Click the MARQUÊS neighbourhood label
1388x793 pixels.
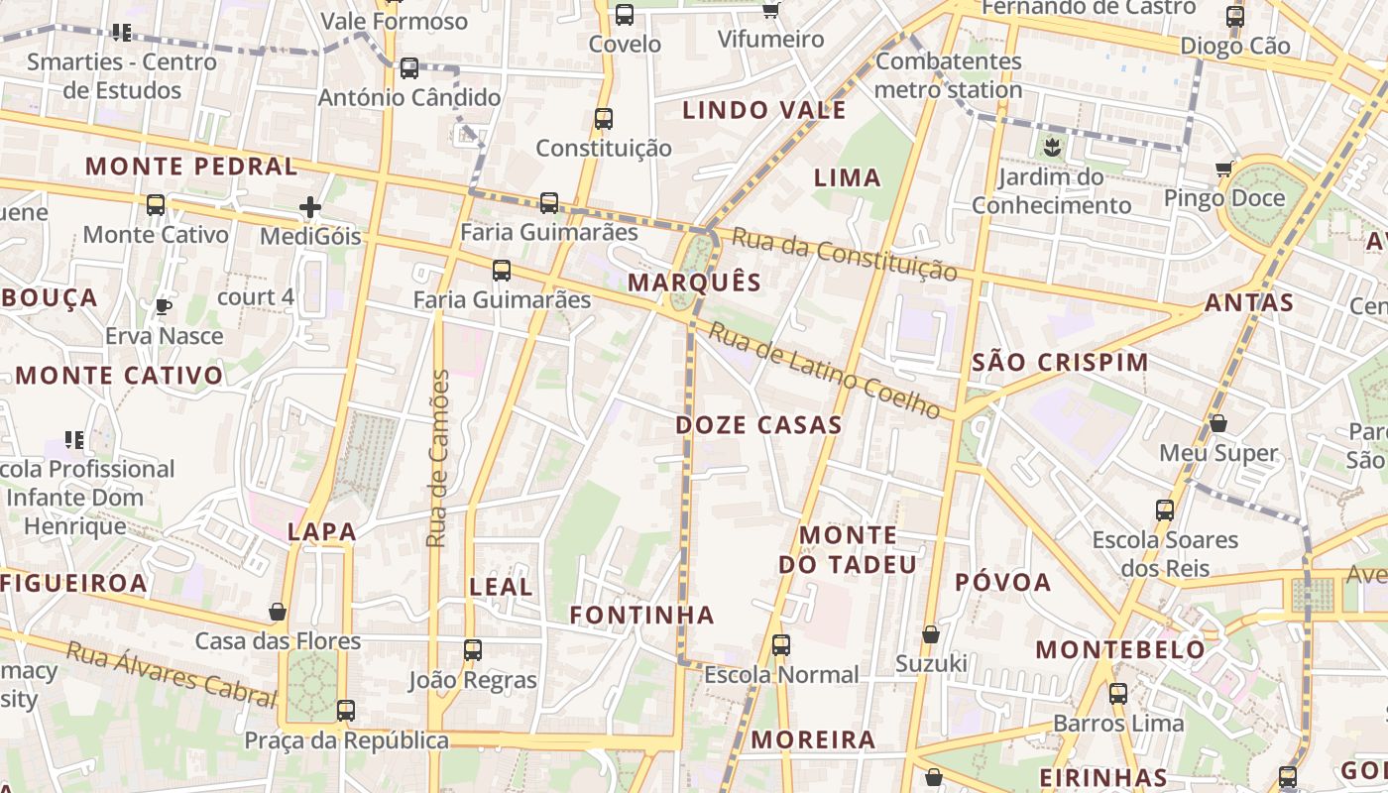coord(694,283)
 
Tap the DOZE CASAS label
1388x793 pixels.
coord(758,425)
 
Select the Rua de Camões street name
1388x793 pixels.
coord(438,459)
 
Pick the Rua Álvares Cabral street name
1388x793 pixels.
coord(171,675)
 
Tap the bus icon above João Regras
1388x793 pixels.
coord(473,650)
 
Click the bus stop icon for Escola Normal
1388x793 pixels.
coord(781,645)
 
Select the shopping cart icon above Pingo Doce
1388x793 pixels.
coord(1225,170)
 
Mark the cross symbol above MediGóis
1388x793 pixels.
coord(310,207)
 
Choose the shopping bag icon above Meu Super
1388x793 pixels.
coord(1218,423)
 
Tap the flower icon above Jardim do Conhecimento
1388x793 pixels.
coord(1051,149)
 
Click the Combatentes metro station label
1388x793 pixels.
coord(948,75)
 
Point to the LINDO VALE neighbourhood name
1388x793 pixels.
coord(764,110)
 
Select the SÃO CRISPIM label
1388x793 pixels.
coord(1060,362)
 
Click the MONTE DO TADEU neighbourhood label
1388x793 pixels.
coord(848,550)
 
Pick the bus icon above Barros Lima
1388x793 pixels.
coord(1118,693)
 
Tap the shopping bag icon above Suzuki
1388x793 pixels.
coord(931,633)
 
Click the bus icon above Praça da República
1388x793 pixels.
coord(345,710)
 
